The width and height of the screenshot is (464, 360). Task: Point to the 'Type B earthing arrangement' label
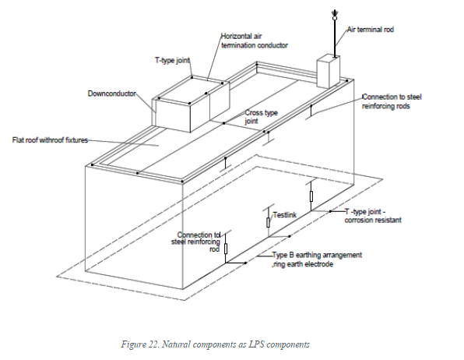317,255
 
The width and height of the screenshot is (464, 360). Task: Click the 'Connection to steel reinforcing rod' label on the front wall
200,240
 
